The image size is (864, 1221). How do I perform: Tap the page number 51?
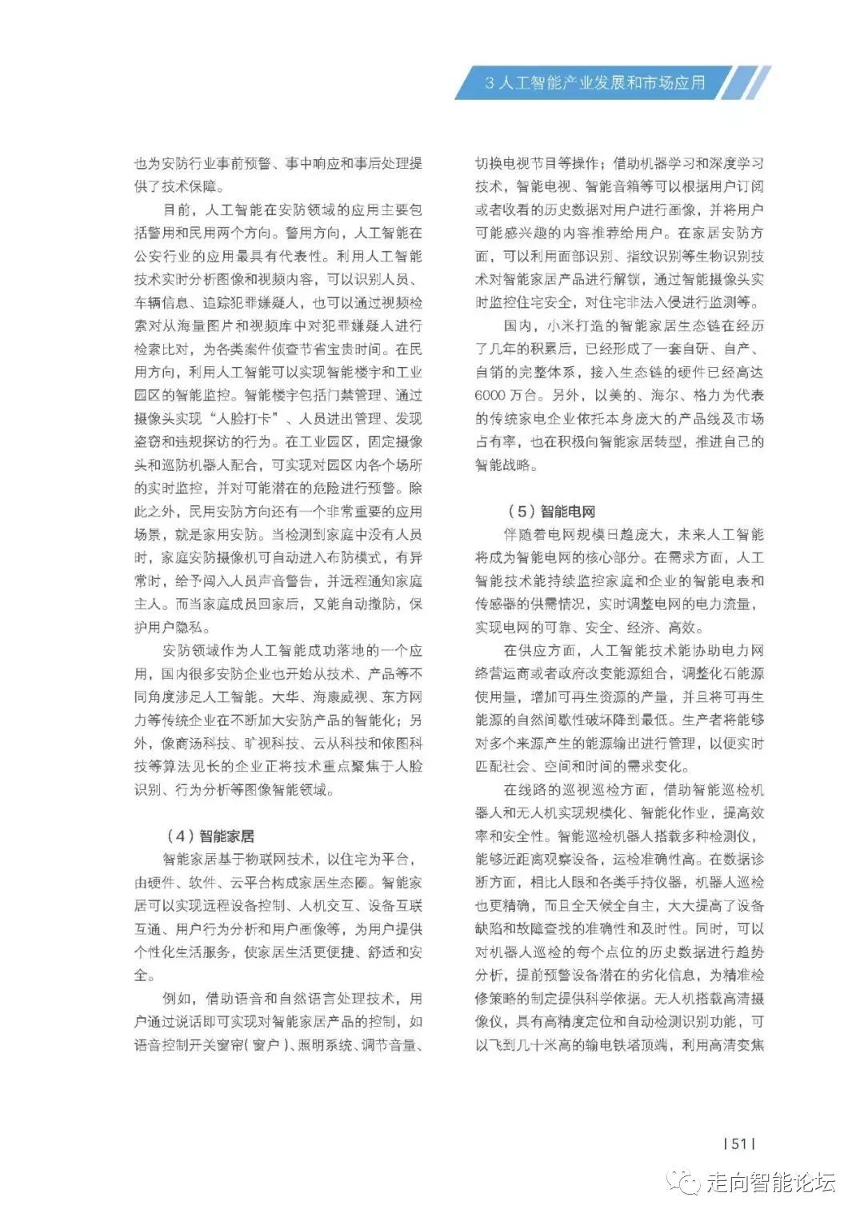(x=738, y=1143)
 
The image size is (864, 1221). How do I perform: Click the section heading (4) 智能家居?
(x=210, y=836)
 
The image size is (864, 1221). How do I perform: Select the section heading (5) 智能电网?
(x=551, y=512)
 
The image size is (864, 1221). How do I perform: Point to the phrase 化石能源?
(x=735, y=673)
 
